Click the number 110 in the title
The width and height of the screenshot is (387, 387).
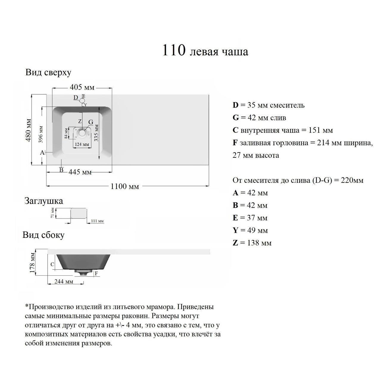pyautogui.click(x=174, y=50)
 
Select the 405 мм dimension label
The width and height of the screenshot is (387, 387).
pyautogui.click(x=82, y=87)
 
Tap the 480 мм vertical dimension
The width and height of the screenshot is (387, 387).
pyautogui.click(x=29, y=130)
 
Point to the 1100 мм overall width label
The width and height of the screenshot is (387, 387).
pyautogui.click(x=125, y=186)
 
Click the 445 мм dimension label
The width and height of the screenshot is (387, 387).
pyautogui.click(x=80, y=172)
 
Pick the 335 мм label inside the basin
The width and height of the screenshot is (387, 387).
pyautogui.click(x=97, y=132)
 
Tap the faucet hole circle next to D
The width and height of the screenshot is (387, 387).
pyautogui.click(x=82, y=101)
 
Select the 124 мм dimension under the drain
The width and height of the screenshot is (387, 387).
pyautogui.click(x=82, y=144)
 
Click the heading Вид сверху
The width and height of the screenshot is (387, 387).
pyautogui.click(x=48, y=72)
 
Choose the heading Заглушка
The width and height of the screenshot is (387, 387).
pyautogui.click(x=44, y=201)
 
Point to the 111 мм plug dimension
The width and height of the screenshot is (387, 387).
pyautogui.click(x=97, y=221)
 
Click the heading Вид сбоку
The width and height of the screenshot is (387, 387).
pyautogui.click(x=43, y=235)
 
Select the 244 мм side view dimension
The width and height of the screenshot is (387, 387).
pyautogui.click(x=64, y=281)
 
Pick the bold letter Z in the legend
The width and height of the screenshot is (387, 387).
pyautogui.click(x=235, y=243)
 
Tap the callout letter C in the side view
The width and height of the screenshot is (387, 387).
pyautogui.click(x=52, y=264)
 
